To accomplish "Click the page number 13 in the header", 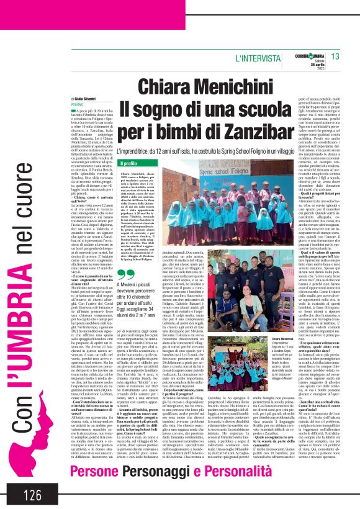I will [335, 56].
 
